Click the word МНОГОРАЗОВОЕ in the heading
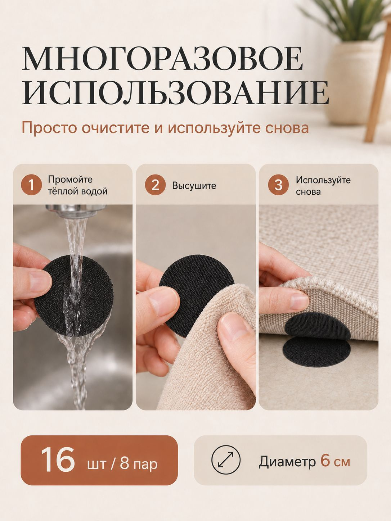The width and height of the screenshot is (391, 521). [x=162, y=59]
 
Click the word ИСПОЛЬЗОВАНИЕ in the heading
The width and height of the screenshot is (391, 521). [x=176, y=92]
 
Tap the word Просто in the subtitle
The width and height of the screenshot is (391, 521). [x=49, y=128]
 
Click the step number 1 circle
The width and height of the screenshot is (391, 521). [x=32, y=185]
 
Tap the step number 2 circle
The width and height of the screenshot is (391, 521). [x=155, y=185]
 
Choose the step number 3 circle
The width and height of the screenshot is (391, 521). [x=278, y=185]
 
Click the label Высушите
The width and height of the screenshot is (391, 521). [x=194, y=186]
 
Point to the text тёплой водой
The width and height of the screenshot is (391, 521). [x=78, y=191]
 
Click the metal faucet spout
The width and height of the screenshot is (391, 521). [x=76, y=210]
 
